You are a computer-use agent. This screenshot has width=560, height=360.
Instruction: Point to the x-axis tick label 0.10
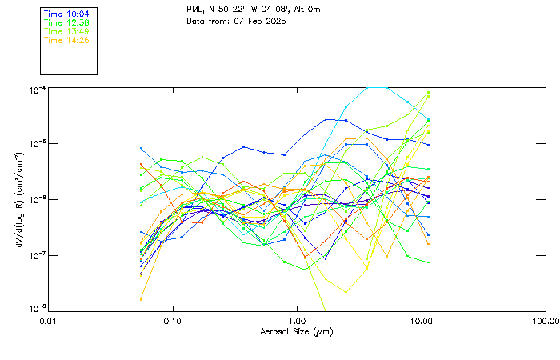pos(173,321)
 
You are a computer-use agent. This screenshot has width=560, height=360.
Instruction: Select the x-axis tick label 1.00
pos(297,321)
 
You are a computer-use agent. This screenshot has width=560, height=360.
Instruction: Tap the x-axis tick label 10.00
pos(421,321)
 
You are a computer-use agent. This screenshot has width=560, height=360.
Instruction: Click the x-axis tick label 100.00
pos(545,321)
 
